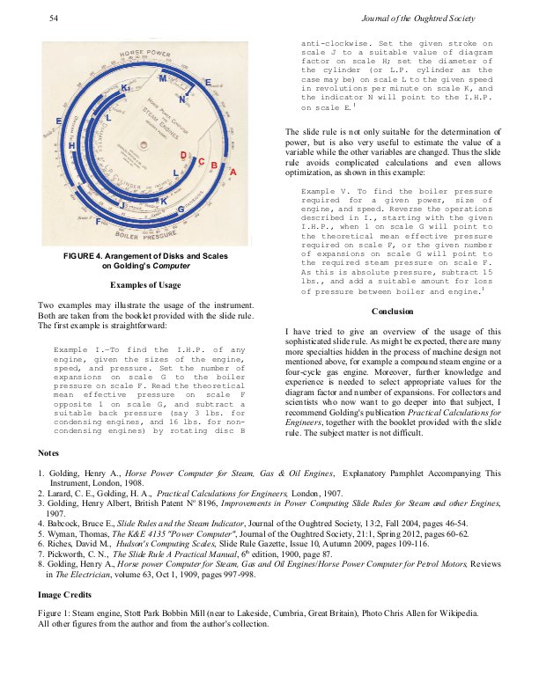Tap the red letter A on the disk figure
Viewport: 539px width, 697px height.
click(x=233, y=173)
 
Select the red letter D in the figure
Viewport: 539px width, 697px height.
click(x=183, y=156)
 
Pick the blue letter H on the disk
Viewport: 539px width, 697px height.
click(x=72, y=145)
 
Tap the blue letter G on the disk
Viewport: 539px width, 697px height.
click(x=181, y=209)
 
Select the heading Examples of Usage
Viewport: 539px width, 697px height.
click(x=145, y=285)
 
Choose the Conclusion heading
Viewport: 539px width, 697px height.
click(x=393, y=311)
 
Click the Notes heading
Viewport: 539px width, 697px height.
click(x=49, y=452)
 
